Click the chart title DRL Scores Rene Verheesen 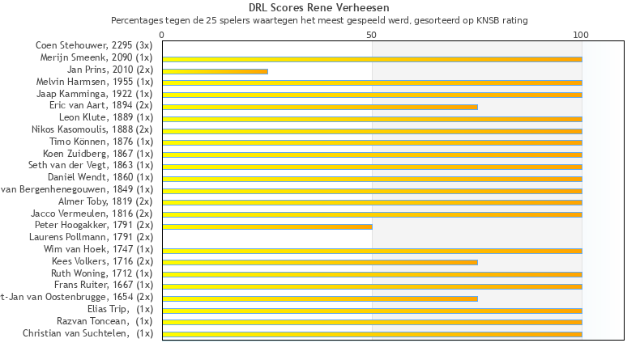click(319, 7)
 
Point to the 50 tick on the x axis click(372, 36)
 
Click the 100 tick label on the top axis click(581, 36)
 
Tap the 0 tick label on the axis click(162, 36)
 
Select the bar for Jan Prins click(215, 71)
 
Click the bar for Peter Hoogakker click(267, 226)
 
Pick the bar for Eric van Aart click(320, 107)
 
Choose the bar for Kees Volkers click(320, 262)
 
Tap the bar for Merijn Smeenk click(372, 59)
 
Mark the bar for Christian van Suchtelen click(372, 334)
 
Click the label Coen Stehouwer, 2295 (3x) click(94, 45)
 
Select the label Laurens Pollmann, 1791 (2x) click(100, 237)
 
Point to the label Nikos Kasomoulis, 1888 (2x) click(92, 129)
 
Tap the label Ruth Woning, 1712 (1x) click(102, 273)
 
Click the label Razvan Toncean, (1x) click(105, 321)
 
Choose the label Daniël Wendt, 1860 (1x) click(100, 177)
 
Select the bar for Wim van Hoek click(372, 251)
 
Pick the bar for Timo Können click(372, 142)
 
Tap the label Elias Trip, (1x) click(120, 309)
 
